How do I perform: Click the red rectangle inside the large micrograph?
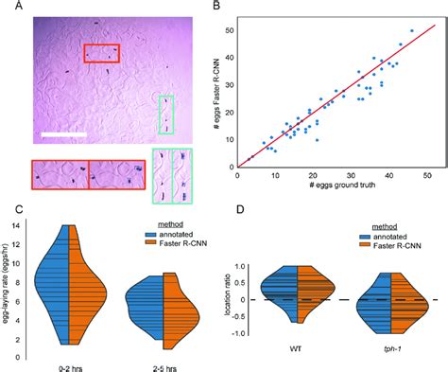[100, 54]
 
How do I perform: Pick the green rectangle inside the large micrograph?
[165, 114]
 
